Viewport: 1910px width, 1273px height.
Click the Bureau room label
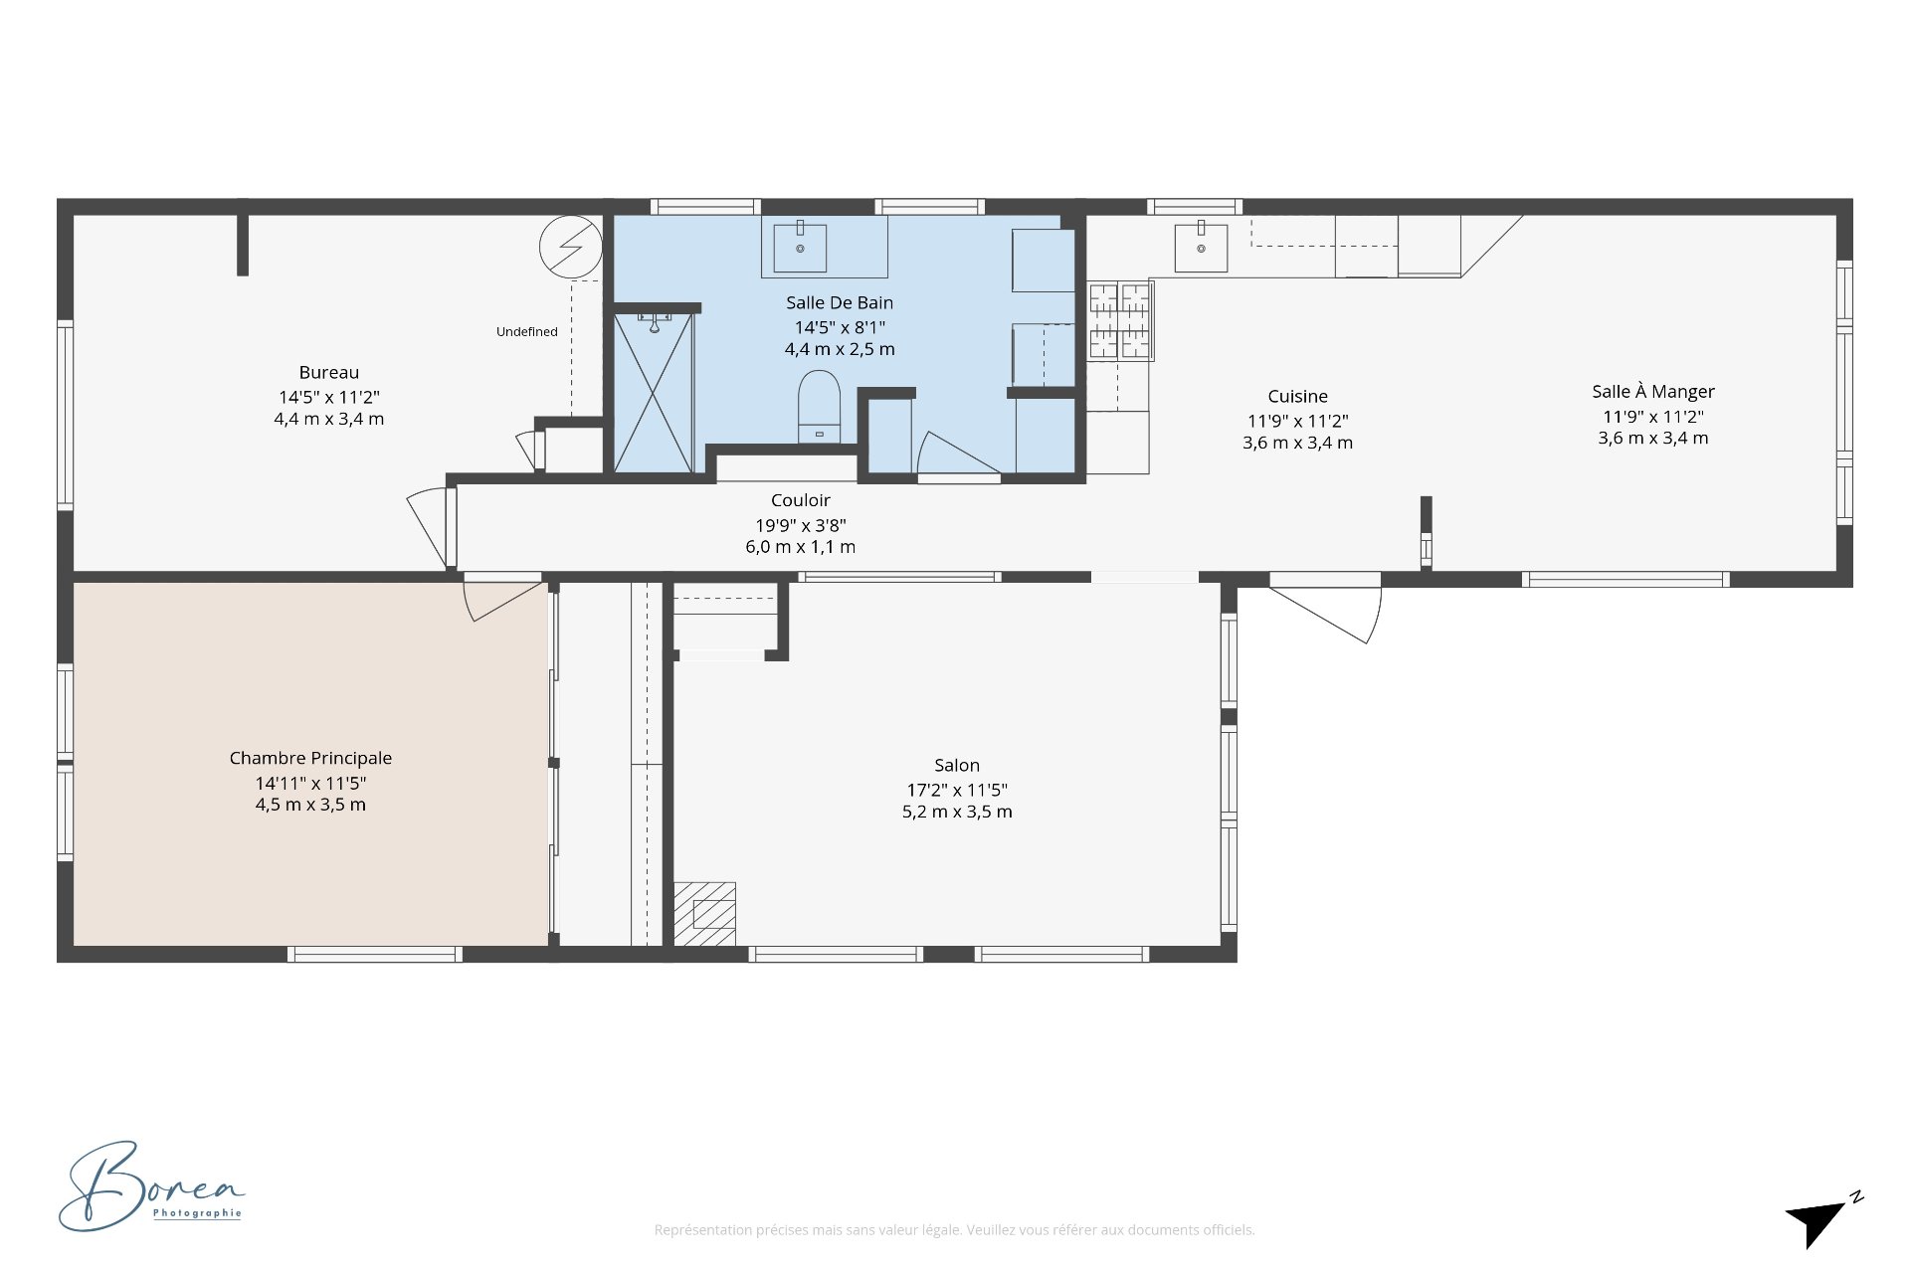point(328,373)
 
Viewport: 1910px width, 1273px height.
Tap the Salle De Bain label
point(840,302)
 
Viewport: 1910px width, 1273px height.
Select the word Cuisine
point(1297,396)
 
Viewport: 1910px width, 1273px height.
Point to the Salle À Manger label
point(1653,391)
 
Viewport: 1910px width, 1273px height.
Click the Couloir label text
point(800,500)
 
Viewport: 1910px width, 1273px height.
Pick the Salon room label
point(957,765)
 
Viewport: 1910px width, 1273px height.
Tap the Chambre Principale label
point(310,758)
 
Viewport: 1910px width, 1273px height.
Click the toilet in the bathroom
point(819,407)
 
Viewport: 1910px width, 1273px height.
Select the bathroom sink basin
point(800,247)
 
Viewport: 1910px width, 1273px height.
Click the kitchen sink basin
point(1201,247)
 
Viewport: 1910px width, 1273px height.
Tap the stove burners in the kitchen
point(1120,320)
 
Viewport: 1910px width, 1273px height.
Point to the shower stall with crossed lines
point(654,392)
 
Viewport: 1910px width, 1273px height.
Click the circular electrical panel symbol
point(570,248)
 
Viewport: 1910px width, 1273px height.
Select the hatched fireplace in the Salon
point(705,914)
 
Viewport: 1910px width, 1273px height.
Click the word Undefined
point(527,332)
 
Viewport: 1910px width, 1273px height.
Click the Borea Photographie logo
point(151,1186)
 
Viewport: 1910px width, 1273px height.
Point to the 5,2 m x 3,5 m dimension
point(957,812)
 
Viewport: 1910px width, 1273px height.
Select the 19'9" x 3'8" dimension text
point(800,525)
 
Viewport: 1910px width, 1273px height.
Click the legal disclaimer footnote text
point(954,1230)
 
